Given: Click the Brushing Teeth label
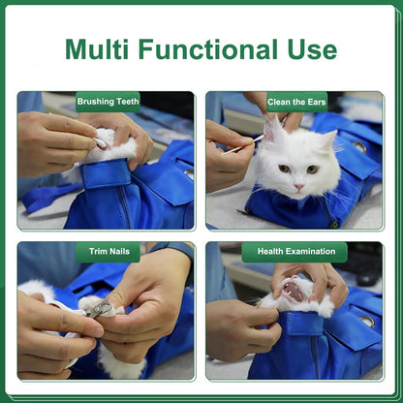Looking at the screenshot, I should click(x=108, y=100).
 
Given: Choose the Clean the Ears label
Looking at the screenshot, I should click(x=295, y=100).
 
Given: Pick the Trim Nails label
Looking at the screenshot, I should click(x=108, y=252).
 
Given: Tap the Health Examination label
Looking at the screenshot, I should click(x=294, y=252).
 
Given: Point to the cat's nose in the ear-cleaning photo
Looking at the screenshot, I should click(x=298, y=179).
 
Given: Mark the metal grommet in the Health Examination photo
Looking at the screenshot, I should click(x=367, y=319).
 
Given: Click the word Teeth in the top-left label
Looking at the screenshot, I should click(x=124, y=100).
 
